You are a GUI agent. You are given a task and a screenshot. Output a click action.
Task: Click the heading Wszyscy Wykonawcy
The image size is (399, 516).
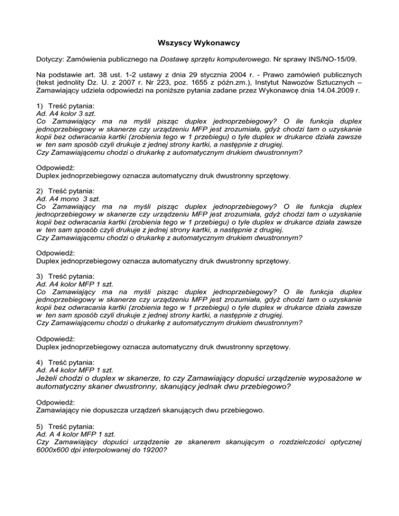point(199,44)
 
